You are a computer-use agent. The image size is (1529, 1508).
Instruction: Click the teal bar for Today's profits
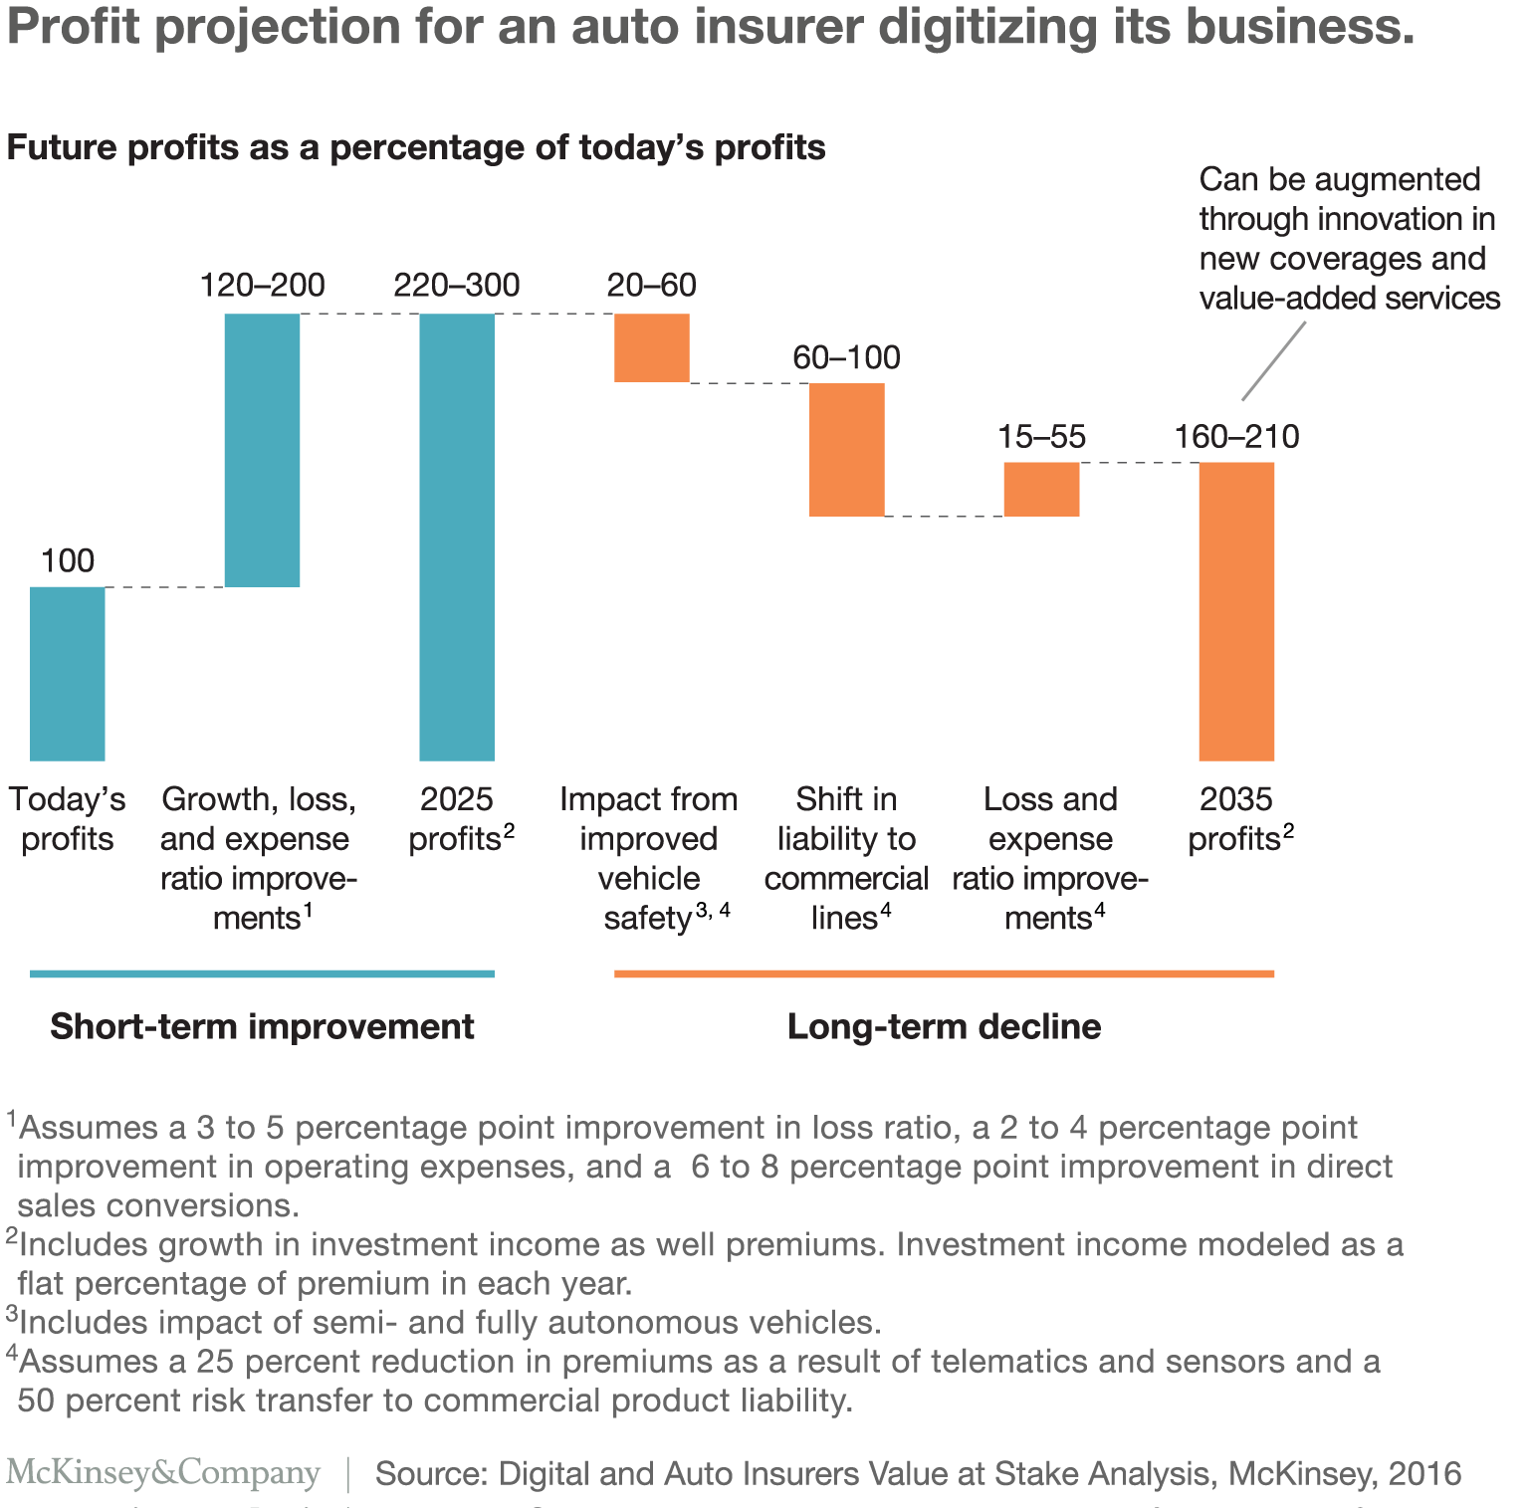point(67,674)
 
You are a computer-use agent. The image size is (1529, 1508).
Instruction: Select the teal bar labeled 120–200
point(262,450)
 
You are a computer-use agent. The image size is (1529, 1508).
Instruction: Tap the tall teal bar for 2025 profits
point(457,538)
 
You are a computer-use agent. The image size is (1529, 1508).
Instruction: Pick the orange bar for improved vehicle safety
point(651,347)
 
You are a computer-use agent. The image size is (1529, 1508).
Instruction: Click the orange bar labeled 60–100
point(846,449)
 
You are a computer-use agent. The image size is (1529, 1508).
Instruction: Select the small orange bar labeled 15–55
point(1041,489)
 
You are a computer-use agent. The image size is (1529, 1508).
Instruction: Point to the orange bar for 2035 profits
point(1236,611)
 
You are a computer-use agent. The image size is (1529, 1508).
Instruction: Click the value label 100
point(68,560)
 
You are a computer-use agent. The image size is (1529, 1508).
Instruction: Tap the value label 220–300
point(457,286)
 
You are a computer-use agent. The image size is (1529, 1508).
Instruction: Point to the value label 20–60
point(651,286)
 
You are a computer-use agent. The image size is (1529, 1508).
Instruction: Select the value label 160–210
point(1236,437)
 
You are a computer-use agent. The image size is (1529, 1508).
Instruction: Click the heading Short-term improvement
point(262,1026)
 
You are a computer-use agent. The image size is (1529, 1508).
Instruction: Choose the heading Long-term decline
point(944,1026)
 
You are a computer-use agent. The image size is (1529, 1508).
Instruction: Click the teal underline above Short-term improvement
point(262,973)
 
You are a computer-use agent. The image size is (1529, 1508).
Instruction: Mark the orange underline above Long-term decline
point(944,973)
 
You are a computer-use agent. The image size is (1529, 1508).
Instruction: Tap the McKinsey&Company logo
point(163,1472)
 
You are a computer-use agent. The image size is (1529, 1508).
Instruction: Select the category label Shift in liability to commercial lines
point(846,858)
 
